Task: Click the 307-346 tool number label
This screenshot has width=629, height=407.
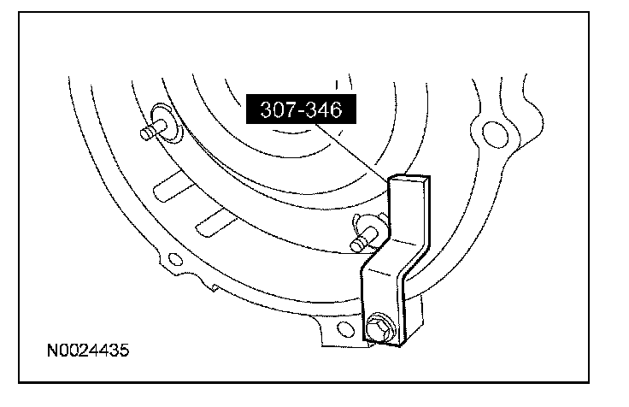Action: click(295, 111)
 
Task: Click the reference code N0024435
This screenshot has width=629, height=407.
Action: click(89, 351)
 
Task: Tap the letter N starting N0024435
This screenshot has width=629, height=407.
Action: click(53, 351)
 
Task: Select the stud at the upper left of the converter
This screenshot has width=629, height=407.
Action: click(149, 133)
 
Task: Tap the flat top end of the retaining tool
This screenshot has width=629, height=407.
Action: click(411, 179)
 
